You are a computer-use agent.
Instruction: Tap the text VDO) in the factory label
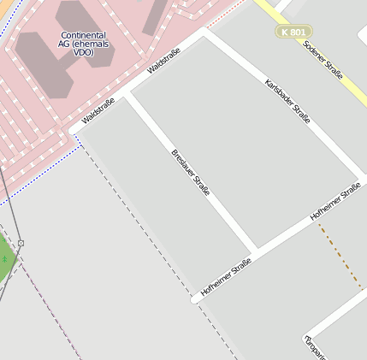[x=82, y=52]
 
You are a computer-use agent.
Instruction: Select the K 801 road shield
[x=293, y=32]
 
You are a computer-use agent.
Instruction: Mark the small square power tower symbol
[x=21, y=243]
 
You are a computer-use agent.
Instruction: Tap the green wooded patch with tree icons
[x=5, y=257]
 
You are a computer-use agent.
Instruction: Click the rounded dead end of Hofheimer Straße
[x=195, y=299]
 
